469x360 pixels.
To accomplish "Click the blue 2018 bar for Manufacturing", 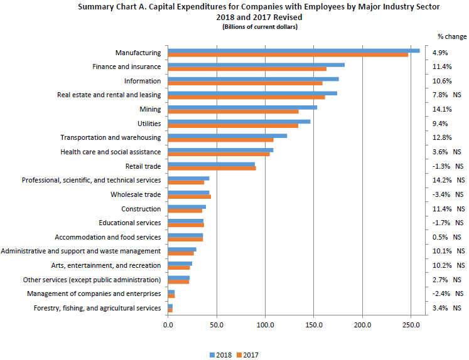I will click(x=294, y=51).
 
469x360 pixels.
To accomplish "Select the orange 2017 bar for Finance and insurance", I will click(x=247, y=69).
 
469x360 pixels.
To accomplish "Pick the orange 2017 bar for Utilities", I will click(x=233, y=125).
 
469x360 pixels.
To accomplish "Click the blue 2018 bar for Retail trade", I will click(x=211, y=164).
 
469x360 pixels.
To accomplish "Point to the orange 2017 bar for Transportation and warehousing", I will click(x=220, y=140).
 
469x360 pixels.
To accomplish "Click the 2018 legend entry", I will click(x=219, y=354).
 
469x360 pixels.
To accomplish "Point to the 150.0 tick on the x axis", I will click(x=313, y=326).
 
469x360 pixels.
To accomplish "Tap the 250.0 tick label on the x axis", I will click(x=411, y=326).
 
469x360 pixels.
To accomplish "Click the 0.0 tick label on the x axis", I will click(x=168, y=326).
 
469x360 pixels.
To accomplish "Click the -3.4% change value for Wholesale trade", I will click(x=441, y=194).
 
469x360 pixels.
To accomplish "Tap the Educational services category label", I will click(x=130, y=223).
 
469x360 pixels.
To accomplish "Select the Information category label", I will click(x=142, y=81).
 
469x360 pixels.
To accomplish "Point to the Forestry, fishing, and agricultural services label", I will click(x=97, y=308).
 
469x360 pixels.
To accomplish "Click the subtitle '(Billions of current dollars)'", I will click(x=260, y=27).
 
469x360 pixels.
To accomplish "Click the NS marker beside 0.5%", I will click(x=456, y=237).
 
